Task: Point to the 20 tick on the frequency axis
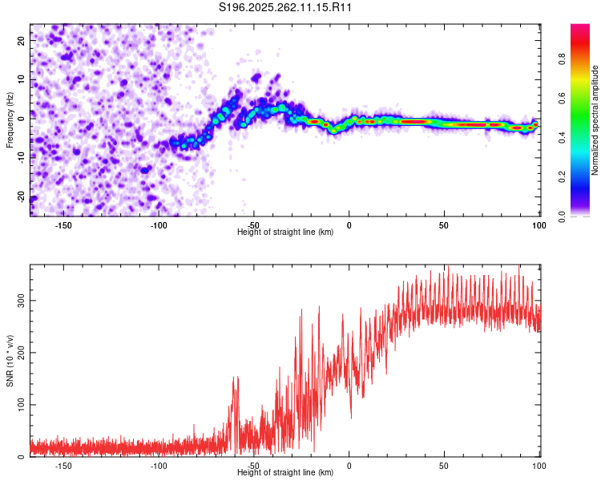click(22, 39)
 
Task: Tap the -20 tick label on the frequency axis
click(22, 197)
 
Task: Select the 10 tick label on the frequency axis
click(22, 79)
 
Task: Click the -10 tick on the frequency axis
click(22, 158)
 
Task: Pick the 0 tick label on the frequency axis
click(22, 119)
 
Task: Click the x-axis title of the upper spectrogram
click(285, 232)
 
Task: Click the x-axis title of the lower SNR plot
click(285, 472)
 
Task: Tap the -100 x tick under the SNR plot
click(159, 465)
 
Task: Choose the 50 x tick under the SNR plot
click(444, 465)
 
